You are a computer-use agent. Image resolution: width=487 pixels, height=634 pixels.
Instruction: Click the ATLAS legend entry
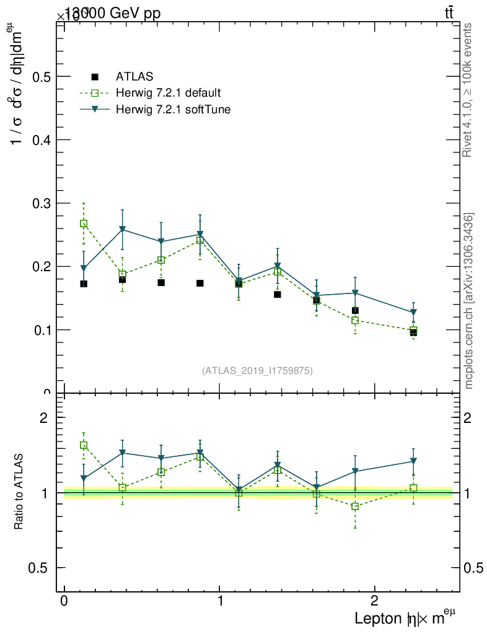134,77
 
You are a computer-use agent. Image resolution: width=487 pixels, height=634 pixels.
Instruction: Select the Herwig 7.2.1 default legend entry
168,93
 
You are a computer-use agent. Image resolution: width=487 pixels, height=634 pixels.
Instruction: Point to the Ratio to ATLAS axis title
19,492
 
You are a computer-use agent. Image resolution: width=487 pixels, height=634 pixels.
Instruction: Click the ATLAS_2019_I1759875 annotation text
257,371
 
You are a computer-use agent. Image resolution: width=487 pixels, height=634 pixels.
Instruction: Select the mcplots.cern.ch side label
470,301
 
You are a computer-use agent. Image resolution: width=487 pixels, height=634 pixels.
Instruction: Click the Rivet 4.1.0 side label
468,90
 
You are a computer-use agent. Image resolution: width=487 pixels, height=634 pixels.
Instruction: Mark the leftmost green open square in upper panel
84,224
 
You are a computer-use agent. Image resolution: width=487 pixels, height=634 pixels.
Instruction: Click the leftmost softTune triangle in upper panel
84,269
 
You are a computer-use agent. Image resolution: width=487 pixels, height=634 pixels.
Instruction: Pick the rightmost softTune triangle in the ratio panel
413,461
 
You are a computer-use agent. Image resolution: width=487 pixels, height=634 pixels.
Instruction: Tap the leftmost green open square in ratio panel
84,445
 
